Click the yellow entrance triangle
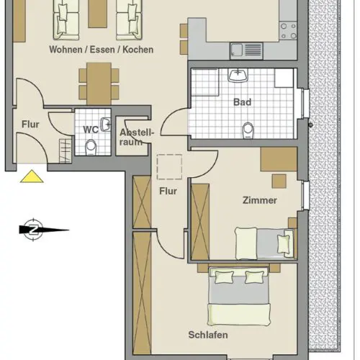(32, 176)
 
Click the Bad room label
(242, 102)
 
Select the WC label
(91, 130)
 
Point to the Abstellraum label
(136, 137)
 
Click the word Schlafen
(208, 335)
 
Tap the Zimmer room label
(260, 200)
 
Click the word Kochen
(138, 50)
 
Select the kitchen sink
(246, 50)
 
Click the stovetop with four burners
(289, 31)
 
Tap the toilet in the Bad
(248, 130)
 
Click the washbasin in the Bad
(238, 75)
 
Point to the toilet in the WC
(91, 148)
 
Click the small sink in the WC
(106, 125)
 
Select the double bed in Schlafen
(239, 296)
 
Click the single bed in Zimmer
(264, 243)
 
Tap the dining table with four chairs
(99, 84)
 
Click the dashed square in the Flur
(169, 167)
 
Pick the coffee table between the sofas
(97, 14)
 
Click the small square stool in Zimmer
(279, 181)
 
